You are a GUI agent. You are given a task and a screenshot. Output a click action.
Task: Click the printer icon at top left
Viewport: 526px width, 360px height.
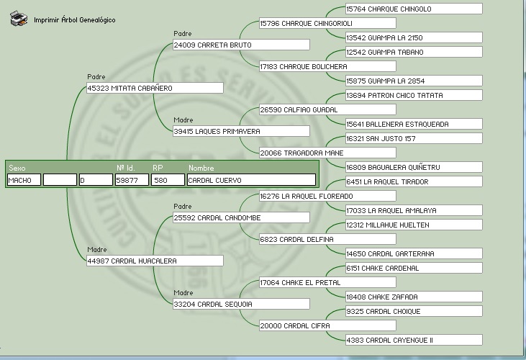pyautogui.click(x=19, y=19)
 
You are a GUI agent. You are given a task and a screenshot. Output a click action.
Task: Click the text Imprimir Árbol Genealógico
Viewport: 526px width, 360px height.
pyautogui.click(x=74, y=20)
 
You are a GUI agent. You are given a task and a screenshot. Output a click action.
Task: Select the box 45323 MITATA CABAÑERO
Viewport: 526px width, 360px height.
pyautogui.click(x=154, y=88)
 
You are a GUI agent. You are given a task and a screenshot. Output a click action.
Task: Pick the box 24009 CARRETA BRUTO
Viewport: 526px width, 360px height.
pyautogui.click(x=240, y=45)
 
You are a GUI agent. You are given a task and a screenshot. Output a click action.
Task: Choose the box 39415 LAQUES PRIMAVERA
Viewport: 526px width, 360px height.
pyautogui.click(x=240, y=131)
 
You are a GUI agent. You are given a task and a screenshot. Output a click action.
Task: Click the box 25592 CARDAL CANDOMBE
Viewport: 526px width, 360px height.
pyautogui.click(x=240, y=217)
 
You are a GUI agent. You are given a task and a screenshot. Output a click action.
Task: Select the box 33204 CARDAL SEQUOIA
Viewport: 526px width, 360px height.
pyautogui.click(x=240, y=304)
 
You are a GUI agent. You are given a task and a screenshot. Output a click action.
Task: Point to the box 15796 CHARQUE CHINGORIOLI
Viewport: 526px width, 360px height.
pyautogui.click(x=327, y=23)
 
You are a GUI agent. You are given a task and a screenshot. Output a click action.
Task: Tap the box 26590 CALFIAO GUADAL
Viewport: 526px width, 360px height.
pyautogui.click(x=327, y=109)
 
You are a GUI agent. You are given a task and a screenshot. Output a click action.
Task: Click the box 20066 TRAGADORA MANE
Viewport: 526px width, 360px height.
pyautogui.click(x=327, y=153)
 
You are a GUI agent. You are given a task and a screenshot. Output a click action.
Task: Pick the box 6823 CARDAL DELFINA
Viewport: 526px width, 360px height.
pyautogui.click(x=327, y=239)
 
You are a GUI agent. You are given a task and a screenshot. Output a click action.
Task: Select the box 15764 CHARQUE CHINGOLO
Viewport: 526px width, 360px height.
pyautogui.click(x=413, y=9)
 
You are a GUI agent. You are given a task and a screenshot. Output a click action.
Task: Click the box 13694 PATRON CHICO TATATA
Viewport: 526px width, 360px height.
pyautogui.click(x=413, y=95)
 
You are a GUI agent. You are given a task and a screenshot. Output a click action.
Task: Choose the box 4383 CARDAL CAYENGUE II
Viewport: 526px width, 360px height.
pyautogui.click(x=413, y=340)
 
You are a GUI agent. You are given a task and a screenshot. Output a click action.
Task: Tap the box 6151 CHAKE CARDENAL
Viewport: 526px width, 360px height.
pyautogui.click(x=413, y=268)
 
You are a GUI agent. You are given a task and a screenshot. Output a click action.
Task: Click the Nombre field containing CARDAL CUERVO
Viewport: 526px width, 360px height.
pyautogui.click(x=250, y=180)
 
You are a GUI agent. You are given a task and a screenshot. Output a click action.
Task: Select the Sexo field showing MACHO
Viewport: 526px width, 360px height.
pyautogui.click(x=24, y=180)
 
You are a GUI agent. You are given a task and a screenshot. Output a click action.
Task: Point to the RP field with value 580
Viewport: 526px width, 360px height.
pyautogui.click(x=168, y=180)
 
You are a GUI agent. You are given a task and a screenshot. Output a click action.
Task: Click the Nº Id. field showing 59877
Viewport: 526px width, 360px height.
pyautogui.click(x=132, y=180)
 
